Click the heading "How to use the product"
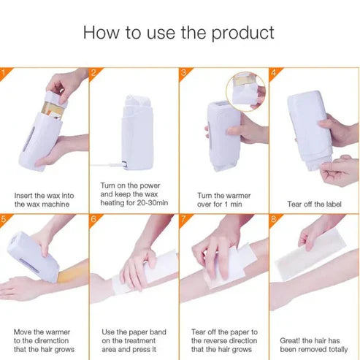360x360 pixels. point(179,32)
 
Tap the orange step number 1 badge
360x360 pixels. point(4,72)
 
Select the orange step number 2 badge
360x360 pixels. point(93,72)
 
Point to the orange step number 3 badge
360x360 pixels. point(184,72)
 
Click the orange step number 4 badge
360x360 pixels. point(274,72)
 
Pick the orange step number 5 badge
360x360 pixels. point(4,218)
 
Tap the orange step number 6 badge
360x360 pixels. point(93,218)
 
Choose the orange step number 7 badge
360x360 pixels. point(184,218)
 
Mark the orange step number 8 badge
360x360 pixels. point(274,218)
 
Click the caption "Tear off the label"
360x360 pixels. point(313,204)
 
